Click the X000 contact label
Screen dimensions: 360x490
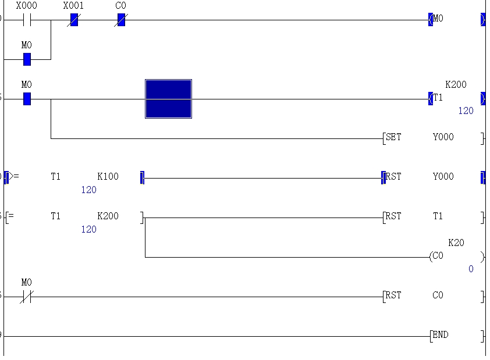26,6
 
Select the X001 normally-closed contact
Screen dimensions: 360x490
74,20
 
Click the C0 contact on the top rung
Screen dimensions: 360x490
121,20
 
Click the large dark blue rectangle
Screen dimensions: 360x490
168,99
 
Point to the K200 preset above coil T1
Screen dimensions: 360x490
456,85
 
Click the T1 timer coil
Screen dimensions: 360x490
438,98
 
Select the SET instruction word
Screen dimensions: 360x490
394,137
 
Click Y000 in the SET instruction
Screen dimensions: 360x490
443,137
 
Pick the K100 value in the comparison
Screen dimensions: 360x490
108,177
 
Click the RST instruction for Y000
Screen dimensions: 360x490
394,177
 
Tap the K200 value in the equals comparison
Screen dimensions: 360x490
108,216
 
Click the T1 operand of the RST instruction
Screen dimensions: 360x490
438,216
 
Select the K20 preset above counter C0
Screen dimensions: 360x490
456,243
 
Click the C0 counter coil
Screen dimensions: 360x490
437,256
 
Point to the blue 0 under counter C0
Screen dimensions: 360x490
471,269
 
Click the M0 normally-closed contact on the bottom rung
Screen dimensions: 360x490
26,297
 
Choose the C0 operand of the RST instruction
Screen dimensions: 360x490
438,295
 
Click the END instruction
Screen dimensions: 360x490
441,335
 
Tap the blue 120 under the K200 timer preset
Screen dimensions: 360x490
466,111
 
